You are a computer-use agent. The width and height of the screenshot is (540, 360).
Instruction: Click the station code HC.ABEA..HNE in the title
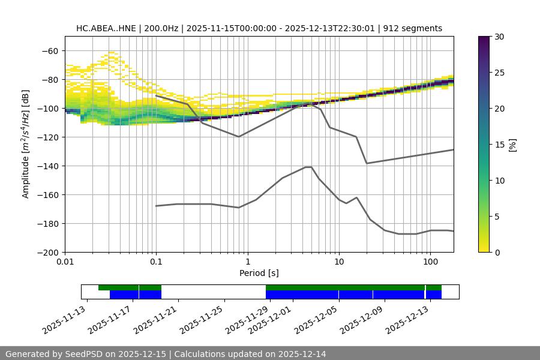point(106,28)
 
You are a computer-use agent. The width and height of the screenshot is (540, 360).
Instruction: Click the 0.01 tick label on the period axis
point(65,262)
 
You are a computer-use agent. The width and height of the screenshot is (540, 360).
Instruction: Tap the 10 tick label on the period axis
point(338,262)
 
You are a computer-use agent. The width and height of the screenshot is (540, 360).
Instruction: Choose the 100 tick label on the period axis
point(430,262)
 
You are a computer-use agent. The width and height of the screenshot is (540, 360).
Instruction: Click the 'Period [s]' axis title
point(259,273)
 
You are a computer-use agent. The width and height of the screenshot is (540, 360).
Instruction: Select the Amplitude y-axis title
point(26,144)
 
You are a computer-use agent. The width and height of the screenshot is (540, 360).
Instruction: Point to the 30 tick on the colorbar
point(499,37)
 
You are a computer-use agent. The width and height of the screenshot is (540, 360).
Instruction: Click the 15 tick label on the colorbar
point(499,145)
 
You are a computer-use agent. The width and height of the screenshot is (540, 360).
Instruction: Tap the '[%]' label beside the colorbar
point(512,145)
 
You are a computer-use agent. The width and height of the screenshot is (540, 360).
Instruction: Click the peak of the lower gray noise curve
point(308,167)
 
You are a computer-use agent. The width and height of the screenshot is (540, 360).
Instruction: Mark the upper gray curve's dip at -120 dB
point(239,137)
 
